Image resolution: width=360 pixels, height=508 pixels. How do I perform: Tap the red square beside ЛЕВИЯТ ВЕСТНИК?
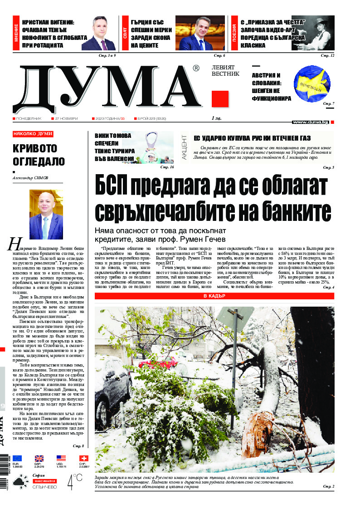(x=220, y=99)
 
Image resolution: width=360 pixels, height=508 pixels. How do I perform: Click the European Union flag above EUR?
(x=17, y=458)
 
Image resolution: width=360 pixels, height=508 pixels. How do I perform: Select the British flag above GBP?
(x=39, y=458)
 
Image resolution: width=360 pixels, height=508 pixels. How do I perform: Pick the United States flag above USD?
(x=61, y=458)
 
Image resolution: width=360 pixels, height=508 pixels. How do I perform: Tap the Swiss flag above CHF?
(x=83, y=458)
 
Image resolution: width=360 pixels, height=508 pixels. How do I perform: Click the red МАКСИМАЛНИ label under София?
(x=44, y=480)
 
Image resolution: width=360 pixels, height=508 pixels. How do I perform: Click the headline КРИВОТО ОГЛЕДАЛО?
(x=39, y=155)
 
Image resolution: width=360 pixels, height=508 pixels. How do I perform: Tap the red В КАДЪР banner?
(x=214, y=296)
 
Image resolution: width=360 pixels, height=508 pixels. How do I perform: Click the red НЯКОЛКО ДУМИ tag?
(x=33, y=134)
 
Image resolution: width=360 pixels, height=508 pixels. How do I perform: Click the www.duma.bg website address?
(x=311, y=122)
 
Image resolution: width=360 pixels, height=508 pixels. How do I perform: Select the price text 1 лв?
(x=217, y=118)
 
